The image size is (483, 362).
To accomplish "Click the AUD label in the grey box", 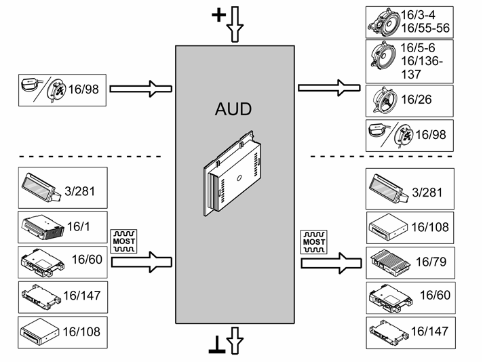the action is [233, 109].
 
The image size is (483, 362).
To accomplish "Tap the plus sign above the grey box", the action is [218, 15].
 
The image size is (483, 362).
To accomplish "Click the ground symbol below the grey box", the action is [217, 344].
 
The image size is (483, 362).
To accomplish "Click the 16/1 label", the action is [78, 226].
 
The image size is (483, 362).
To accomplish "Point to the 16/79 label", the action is [431, 262].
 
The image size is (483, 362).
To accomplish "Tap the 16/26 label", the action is [416, 100].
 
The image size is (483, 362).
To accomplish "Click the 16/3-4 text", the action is [418, 15].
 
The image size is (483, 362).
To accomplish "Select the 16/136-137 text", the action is [421, 68].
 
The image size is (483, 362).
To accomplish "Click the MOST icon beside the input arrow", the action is [123, 241].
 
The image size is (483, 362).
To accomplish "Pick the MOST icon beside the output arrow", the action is [314, 242].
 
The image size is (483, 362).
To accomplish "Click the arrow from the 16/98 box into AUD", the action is [141, 89].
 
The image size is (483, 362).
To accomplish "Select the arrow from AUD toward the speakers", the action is [329, 88].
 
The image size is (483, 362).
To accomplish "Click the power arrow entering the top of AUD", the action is [235, 24].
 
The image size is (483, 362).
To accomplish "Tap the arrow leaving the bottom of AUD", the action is [235, 340].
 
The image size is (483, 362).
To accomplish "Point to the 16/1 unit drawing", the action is [43, 227].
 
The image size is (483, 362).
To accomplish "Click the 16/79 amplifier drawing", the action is [390, 262].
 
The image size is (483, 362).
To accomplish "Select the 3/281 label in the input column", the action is [79, 191].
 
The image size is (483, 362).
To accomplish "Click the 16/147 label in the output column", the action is [429, 331].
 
